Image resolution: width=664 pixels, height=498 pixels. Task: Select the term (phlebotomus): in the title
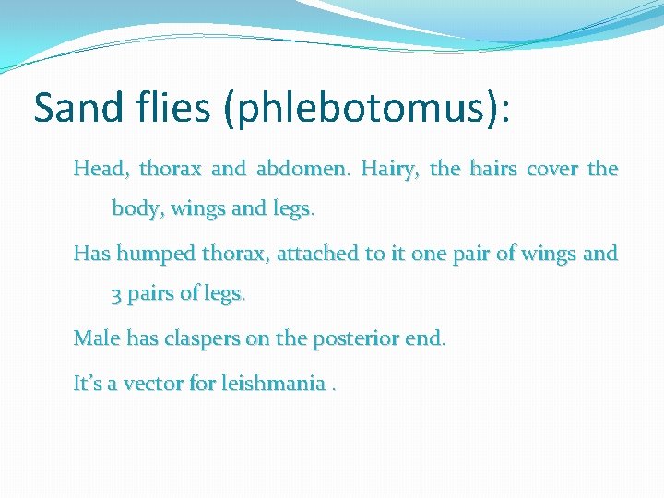tap(368, 108)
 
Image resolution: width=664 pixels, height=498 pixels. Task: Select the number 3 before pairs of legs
tap(117, 295)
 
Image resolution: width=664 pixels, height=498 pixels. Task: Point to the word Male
tap(96, 338)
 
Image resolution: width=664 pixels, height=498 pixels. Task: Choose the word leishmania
tap(273, 382)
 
